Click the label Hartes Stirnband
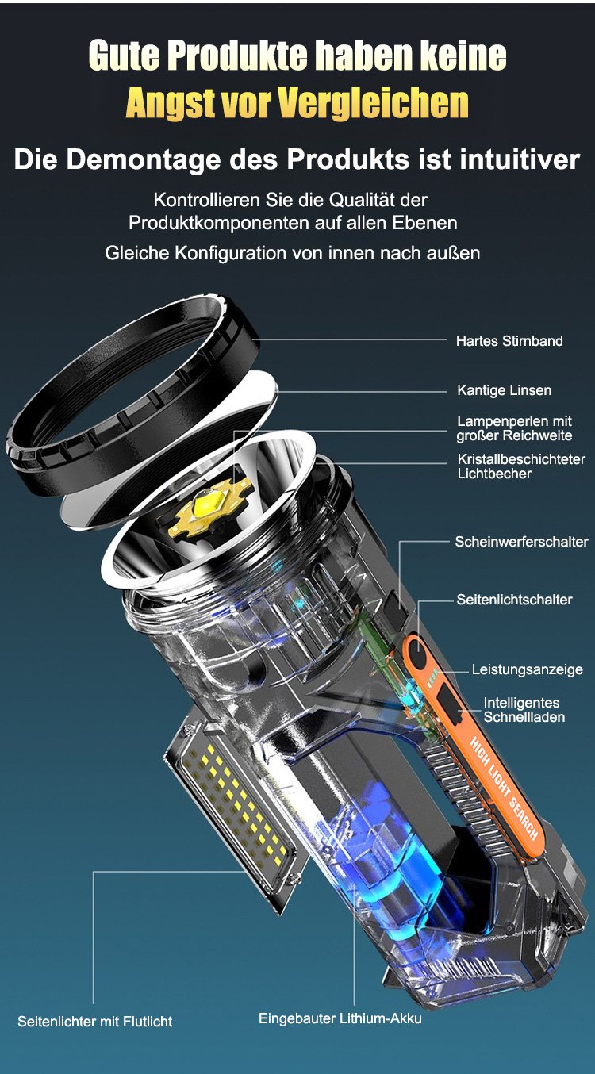[509, 341]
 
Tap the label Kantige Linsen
[505, 390]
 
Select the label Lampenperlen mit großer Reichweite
[514, 428]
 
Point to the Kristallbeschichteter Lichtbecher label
[521, 466]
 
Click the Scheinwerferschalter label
[522, 542]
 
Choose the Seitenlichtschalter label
[514, 600]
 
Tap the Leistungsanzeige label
[528, 669]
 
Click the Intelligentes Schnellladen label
[524, 710]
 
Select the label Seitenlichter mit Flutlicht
[95, 1022]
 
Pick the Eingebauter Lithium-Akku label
[340, 1018]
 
